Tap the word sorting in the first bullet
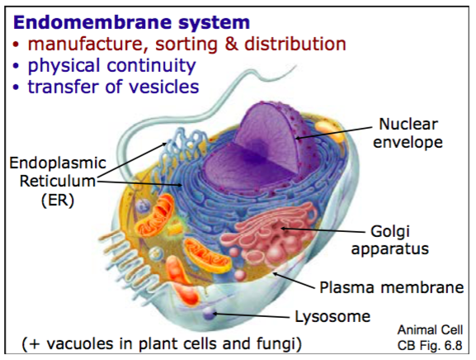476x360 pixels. [x=186, y=44]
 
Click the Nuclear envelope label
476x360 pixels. [x=408, y=133]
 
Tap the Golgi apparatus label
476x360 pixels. [x=389, y=240]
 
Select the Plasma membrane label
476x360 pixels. [x=392, y=287]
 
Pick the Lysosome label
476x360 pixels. [x=332, y=316]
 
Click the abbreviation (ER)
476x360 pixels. [x=58, y=201]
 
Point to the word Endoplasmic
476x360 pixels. [x=58, y=163]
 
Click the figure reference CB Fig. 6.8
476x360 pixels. [x=430, y=345]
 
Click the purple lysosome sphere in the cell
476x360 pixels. [x=209, y=314]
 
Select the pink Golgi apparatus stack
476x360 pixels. [x=269, y=235]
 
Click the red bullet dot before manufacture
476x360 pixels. [x=16, y=45]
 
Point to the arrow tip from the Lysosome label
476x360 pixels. [x=214, y=313]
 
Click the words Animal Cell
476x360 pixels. [x=430, y=330]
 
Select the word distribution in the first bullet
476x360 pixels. [x=295, y=44]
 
